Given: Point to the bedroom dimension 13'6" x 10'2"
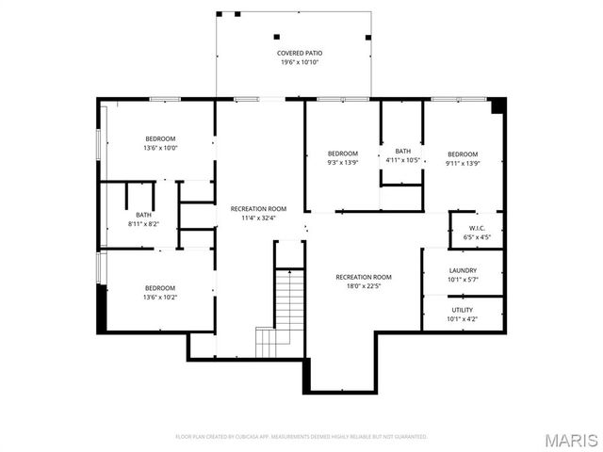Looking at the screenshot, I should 160,297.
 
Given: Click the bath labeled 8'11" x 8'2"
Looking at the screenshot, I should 143,214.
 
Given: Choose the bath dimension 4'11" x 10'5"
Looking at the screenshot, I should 403,160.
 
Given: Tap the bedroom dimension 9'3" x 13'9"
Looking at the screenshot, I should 343,163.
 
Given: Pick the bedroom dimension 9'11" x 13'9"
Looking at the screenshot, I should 463,163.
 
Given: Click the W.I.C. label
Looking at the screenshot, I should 477,228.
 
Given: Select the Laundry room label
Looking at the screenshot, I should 463,270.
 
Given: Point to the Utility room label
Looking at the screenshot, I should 463,310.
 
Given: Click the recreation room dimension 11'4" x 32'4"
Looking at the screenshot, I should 259,218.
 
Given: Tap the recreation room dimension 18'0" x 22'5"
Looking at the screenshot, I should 364,287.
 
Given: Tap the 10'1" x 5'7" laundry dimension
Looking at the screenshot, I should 463,280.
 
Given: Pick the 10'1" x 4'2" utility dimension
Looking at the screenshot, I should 463,319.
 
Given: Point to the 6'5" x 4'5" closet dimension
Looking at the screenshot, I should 477,237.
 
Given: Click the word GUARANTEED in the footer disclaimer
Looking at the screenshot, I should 409,437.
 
